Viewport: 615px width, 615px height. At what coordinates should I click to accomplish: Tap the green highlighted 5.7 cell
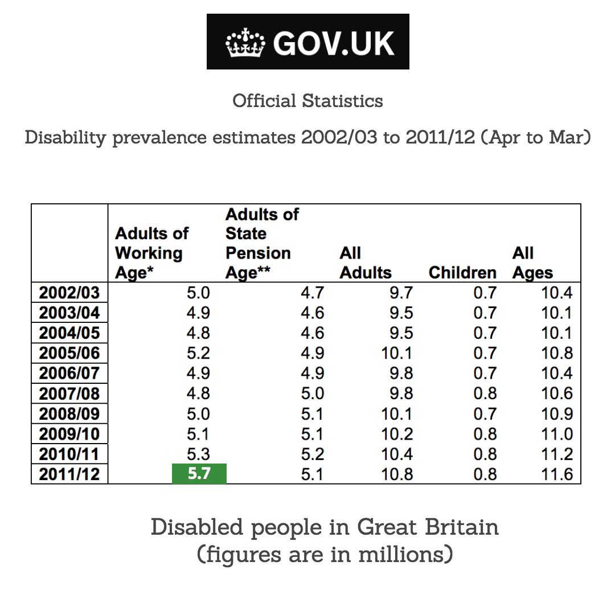(199, 473)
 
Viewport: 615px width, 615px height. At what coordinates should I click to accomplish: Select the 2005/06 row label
(69, 353)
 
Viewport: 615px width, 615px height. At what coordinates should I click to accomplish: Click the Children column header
(462, 273)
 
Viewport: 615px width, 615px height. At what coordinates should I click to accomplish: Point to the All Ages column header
(532, 263)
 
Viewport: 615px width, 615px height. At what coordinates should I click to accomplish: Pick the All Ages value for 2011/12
(556, 474)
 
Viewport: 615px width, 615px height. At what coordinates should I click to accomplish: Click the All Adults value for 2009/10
(397, 434)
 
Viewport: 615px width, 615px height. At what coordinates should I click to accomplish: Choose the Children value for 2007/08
(485, 393)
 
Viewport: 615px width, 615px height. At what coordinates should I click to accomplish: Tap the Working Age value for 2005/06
(198, 353)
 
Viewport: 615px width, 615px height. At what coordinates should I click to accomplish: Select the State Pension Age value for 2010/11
(312, 454)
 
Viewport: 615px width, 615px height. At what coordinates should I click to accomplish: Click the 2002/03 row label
(69, 293)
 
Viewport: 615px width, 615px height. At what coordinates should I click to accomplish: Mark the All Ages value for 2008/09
(556, 414)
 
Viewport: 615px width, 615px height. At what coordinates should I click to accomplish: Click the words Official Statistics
(307, 101)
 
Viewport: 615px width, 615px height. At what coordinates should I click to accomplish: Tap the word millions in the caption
(405, 553)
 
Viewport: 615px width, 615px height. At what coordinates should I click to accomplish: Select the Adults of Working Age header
(151, 253)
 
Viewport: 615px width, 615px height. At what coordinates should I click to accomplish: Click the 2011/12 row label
(69, 474)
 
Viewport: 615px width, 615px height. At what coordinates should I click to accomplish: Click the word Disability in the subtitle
(65, 138)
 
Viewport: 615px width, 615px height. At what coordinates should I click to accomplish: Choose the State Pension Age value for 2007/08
(312, 393)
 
